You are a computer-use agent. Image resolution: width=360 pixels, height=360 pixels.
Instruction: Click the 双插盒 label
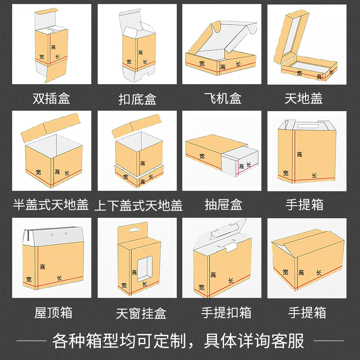point(51,98)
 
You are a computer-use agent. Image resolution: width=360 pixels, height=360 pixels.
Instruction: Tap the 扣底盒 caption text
point(137,99)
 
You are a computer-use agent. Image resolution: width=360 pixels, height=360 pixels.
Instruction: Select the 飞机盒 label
point(223,98)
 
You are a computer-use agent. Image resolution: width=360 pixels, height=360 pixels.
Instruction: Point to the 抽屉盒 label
point(223,205)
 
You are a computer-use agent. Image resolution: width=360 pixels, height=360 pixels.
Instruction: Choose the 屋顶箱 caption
point(53,312)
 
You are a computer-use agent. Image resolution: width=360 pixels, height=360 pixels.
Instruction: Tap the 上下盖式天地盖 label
point(139,206)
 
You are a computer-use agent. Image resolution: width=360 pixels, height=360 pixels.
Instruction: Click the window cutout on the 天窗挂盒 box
point(144,267)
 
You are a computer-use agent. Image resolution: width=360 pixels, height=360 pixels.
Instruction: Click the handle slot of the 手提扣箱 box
point(223,235)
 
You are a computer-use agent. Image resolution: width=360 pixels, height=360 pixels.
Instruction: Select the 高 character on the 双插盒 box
point(53,47)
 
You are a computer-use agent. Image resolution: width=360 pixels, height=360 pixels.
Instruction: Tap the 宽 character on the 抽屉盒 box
point(202,156)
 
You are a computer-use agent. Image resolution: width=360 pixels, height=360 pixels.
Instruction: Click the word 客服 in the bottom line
point(288,340)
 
